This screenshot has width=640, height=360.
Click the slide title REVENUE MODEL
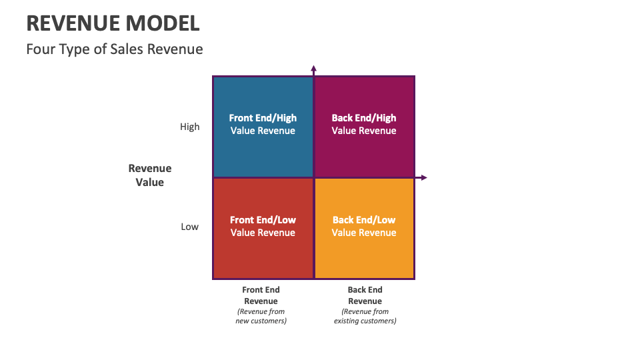pos(113,23)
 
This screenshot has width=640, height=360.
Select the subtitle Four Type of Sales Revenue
pos(114,49)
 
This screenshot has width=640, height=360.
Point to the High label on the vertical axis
pos(189,127)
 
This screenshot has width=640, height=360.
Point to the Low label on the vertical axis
pos(189,227)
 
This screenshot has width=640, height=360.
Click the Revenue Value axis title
pos(150,175)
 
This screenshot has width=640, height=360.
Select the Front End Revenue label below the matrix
pos(261,295)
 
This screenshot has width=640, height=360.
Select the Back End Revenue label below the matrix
pos(365,295)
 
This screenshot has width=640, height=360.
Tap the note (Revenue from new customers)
pos(261,316)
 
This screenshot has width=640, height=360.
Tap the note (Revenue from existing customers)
pos(365,316)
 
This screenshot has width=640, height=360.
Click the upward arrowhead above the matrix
pos(313,68)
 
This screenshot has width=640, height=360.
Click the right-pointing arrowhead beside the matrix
pos(423,177)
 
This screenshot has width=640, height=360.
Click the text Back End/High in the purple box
pos(364,118)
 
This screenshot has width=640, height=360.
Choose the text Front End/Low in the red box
pos(263,220)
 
